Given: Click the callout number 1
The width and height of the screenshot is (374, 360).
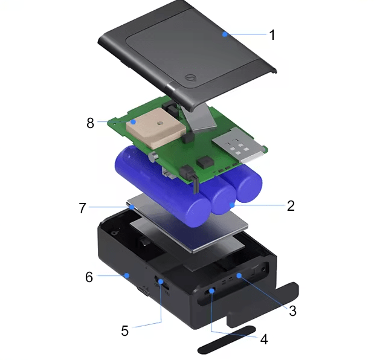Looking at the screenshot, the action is pos(272,35).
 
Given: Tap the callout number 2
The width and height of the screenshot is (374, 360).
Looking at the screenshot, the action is pos(291,205).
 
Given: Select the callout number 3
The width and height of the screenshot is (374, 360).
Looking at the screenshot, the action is pos(292,310).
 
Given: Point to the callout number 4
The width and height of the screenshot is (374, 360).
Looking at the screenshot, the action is pos(264,339).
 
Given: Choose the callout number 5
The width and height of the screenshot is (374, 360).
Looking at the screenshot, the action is pos(124,330).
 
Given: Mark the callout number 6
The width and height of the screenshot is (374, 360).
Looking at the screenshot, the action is pos(89,277).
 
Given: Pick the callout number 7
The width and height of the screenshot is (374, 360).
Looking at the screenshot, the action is pos(82,208).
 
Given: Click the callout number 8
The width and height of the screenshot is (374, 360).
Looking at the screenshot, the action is pos(90,123).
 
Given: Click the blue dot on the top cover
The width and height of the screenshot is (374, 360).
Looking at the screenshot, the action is pos(224,34).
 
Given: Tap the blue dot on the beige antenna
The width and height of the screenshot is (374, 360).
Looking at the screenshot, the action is pos(134,122).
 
